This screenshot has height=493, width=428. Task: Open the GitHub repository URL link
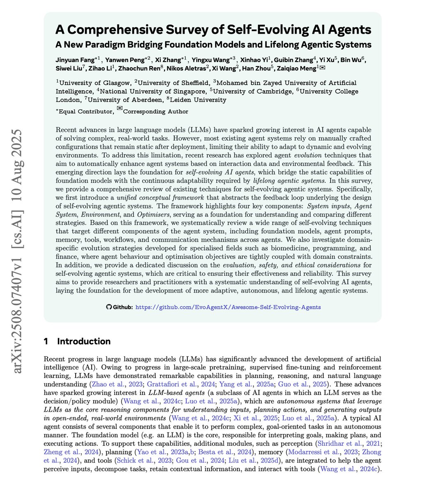(228, 307)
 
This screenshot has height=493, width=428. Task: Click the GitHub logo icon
(109, 307)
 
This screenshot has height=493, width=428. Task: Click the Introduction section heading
(84, 341)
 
